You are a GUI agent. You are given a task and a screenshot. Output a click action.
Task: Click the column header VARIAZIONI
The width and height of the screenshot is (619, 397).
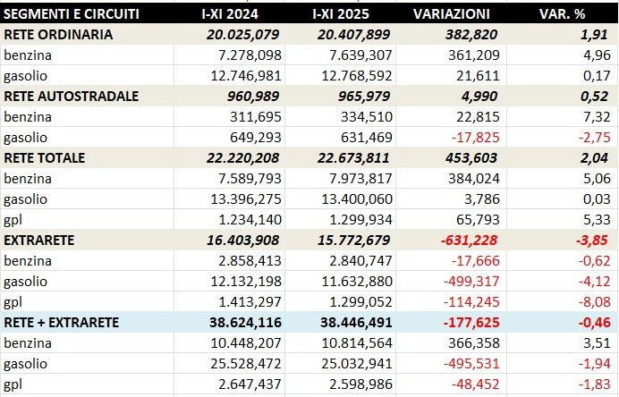pos(452,14)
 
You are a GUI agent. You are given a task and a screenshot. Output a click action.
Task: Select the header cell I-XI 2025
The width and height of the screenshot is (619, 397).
pos(348,14)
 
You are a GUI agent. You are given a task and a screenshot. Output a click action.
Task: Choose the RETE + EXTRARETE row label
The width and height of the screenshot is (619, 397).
pos(62,322)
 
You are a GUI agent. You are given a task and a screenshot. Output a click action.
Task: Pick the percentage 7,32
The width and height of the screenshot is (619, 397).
pos(595,117)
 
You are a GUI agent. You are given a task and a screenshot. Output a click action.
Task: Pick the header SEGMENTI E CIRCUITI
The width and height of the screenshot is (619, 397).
pos(72,14)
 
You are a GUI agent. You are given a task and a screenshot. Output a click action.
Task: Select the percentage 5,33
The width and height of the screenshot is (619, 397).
pos(595,219)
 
